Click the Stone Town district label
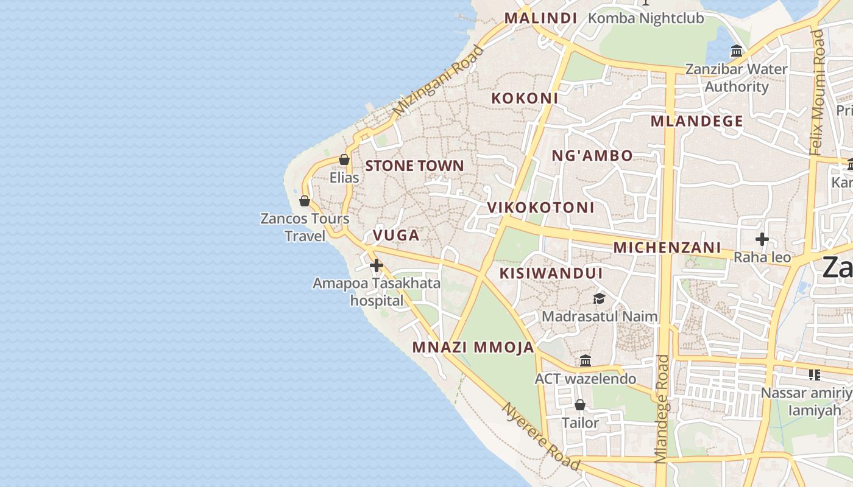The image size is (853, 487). [414, 166]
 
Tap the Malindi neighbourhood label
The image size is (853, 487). [540, 18]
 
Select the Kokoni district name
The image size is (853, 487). [525, 98]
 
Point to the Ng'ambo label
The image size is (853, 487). [592, 156]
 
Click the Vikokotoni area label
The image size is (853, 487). [540, 208]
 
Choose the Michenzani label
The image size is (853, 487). [667, 248]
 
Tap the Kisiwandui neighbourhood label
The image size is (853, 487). [551, 273]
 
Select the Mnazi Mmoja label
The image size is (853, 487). [473, 348]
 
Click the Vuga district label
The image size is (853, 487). [396, 235]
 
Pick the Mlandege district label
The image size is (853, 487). [696, 121]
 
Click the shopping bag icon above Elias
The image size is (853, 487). [344, 159]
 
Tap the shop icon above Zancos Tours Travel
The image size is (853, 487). [305, 201]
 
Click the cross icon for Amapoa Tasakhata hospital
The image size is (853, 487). [377, 265]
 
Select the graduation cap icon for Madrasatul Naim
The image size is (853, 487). [600, 298]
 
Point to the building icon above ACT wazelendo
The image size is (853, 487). [586, 360]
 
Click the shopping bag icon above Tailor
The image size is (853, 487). [580, 405]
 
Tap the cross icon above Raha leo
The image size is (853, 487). [762, 239]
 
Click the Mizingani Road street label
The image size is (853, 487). [438, 82]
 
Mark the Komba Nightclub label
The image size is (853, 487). [646, 18]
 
